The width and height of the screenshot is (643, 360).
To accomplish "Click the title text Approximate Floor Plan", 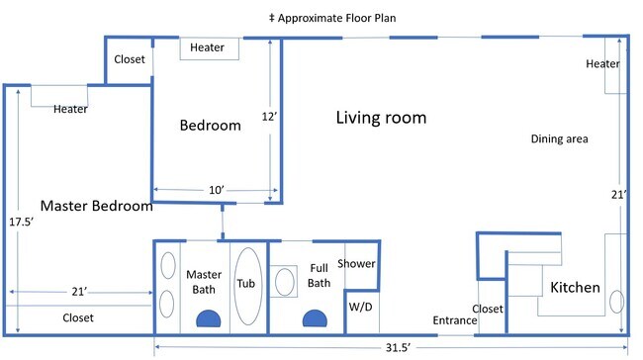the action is point(336,19).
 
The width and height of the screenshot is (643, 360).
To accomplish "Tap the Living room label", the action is point(381,118).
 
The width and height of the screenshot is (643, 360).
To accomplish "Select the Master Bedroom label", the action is point(97,206).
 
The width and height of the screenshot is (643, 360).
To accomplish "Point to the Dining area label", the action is point(559,139).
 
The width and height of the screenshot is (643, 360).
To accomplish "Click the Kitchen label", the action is point(575,288).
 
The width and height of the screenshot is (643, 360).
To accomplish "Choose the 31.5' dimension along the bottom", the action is point(398,348).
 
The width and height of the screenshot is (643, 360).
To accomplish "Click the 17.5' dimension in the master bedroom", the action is point(22,222).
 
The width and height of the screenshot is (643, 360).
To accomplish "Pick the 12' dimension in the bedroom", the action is point(269,117).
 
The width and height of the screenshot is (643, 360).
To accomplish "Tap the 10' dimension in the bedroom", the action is point(217,190).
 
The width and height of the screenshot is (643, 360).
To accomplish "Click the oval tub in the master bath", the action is point(247,286).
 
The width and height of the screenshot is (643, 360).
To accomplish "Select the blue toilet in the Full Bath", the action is point(315,318).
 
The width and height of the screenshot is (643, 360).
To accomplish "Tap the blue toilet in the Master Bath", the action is point(209,318).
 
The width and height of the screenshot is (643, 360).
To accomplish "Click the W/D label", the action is point(360,307).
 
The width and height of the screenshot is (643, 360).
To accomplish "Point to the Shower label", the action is point(356,264).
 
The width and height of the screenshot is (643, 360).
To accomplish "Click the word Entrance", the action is point(455,320).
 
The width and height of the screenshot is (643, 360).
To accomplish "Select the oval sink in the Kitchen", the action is point(616,302).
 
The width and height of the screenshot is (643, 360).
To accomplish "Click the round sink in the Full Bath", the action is point(285,282).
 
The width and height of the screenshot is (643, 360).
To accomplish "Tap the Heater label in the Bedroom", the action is point(207,47).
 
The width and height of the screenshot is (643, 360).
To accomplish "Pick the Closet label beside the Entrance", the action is point(488,309).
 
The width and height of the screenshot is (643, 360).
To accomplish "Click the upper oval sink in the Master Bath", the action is point(168,266).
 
